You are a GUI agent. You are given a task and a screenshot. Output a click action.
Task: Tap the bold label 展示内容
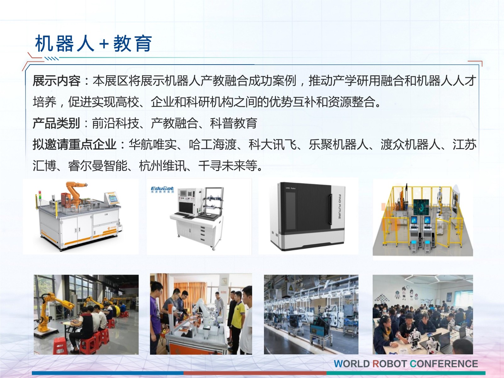coord(56,81)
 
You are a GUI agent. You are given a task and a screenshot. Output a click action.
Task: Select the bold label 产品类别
coord(56,123)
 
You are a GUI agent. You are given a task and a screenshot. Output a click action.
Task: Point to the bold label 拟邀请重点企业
coord(74,144)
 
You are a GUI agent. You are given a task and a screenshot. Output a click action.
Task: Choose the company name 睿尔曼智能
coord(98,165)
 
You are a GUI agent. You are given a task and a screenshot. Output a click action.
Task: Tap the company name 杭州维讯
coord(163,165)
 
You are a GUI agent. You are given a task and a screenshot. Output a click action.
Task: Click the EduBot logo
coord(162,189)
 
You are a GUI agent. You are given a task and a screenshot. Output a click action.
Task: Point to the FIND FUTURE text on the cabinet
coord(339,207)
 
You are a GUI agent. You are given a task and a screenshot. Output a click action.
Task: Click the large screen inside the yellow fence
coord(421,207)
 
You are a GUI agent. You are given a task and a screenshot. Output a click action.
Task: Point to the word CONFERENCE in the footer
coord(444,364)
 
